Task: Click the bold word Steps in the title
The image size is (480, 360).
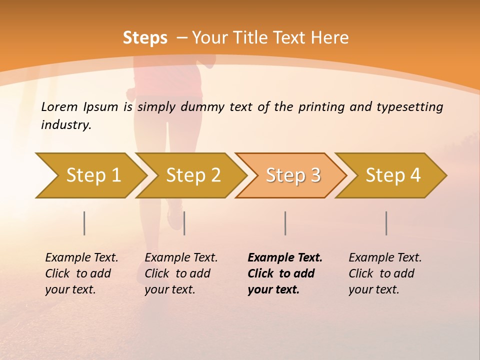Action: pyautogui.click(x=145, y=38)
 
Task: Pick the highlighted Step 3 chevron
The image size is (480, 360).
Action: pyautogui.click(x=293, y=175)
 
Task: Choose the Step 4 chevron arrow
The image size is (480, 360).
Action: pyautogui.click(x=393, y=175)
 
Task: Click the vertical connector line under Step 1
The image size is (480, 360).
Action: pyautogui.click(x=84, y=223)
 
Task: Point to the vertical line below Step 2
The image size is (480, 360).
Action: pyautogui.click(x=184, y=223)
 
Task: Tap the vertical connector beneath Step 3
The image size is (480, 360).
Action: pyautogui.click(x=285, y=223)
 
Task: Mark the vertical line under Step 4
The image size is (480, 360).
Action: pyautogui.click(x=386, y=223)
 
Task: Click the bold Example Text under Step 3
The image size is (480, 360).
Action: pyautogui.click(x=285, y=257)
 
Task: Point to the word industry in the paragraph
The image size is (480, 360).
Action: pyautogui.click(x=65, y=125)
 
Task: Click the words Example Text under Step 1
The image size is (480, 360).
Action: pyautogui.click(x=81, y=257)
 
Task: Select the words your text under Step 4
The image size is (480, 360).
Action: pyautogui.click(x=373, y=289)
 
